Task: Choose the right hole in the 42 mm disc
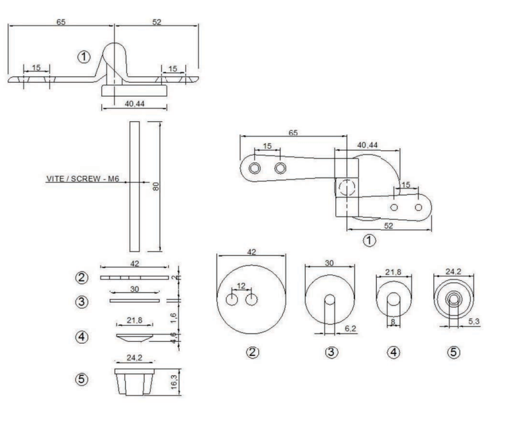coord(251,299)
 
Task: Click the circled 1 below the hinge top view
coord(369,241)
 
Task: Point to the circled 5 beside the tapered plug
coord(82,380)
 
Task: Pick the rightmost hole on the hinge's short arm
coord(419,208)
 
